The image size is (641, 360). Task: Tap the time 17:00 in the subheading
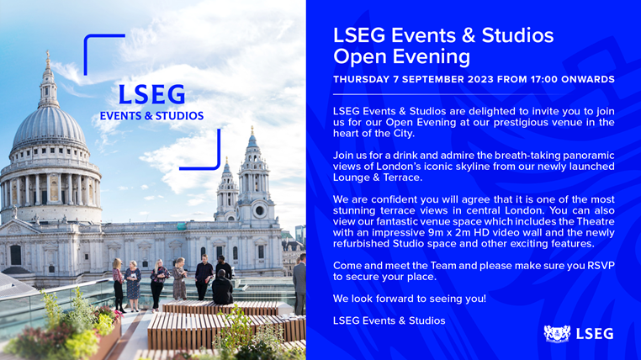pyautogui.click(x=543, y=79)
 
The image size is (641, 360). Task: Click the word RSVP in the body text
pyautogui.click(x=601, y=266)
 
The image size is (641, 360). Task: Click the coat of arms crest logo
pyautogui.click(x=557, y=333)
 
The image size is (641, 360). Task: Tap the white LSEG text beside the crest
pyautogui.click(x=595, y=334)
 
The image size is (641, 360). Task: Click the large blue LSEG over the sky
pyautogui.click(x=151, y=94)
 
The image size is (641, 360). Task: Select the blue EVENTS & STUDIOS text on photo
pyautogui.click(x=151, y=116)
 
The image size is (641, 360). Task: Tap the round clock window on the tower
pyautogui.click(x=259, y=211)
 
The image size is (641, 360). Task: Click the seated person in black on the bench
pyautogui.click(x=222, y=288)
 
